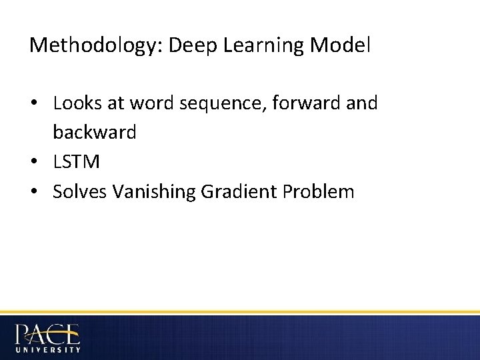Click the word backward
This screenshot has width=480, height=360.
pyautogui.click(x=95, y=133)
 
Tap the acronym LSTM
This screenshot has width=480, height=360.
pyautogui.click(x=76, y=162)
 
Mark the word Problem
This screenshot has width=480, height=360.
pyautogui.click(x=319, y=191)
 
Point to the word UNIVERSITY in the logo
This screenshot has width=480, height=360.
pyautogui.click(x=48, y=349)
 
